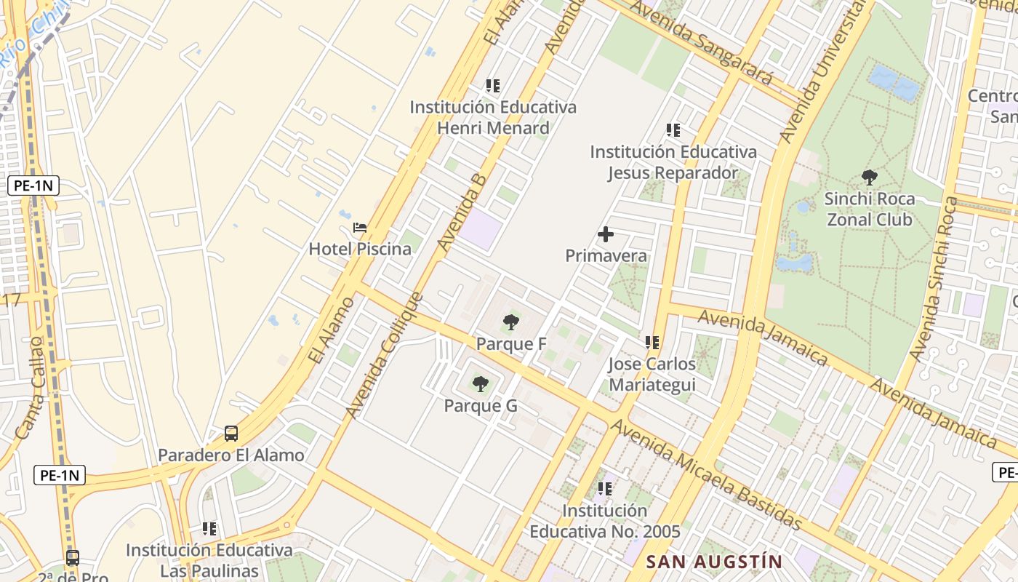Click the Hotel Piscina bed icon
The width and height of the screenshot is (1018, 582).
[360, 228]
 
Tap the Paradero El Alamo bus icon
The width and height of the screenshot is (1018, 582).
[231, 434]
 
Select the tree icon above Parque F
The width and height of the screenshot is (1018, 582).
[511, 322]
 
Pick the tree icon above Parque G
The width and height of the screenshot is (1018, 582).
[480, 384]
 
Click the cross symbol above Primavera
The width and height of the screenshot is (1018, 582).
[605, 234]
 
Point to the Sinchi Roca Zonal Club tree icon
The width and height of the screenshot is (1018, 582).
[869, 177]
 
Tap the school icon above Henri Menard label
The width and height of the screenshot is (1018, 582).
[493, 86]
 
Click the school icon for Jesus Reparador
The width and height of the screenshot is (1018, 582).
[673, 130]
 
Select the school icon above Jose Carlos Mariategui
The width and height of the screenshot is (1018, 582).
[652, 342]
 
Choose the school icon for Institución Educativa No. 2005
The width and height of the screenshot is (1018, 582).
[605, 489]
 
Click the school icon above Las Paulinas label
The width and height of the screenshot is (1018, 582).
[209, 529]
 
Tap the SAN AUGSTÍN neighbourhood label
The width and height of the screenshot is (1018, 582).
[714, 562]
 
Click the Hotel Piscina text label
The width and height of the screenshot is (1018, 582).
[360, 249]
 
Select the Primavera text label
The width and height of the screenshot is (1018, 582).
[606, 256]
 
